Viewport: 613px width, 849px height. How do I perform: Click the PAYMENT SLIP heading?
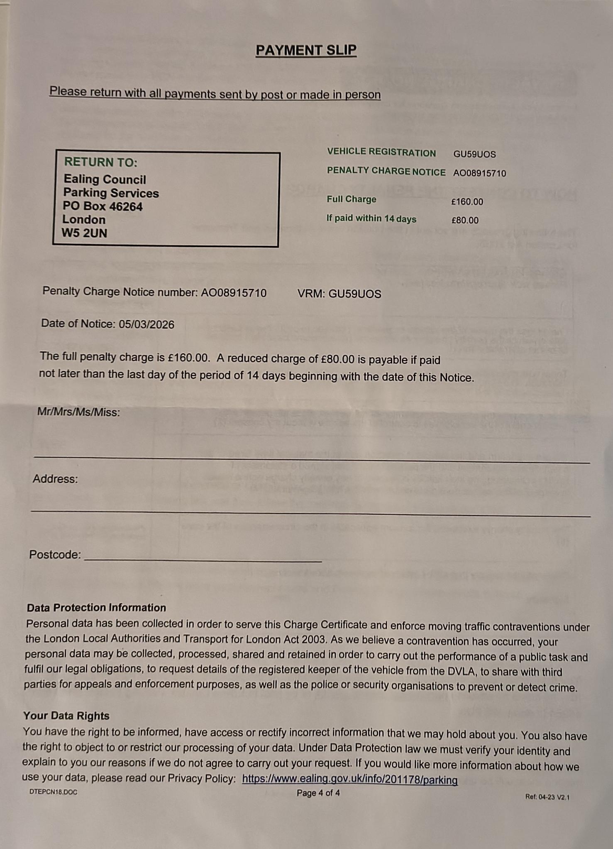[306, 51]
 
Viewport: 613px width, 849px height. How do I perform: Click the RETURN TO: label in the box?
[100, 162]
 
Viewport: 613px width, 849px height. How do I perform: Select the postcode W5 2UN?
[84, 233]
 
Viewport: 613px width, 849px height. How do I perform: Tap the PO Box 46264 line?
[103, 206]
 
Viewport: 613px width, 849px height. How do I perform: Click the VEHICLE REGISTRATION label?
[381, 152]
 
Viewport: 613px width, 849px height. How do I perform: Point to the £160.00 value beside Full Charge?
[467, 202]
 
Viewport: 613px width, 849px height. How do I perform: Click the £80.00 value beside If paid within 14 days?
[465, 220]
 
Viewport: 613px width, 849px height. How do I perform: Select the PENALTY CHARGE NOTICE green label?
[386, 171]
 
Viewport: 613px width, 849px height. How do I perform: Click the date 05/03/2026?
[147, 324]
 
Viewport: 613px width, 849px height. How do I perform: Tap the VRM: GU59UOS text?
[339, 294]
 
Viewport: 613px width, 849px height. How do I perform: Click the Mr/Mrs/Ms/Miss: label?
[78, 412]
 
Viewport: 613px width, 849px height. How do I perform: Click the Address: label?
[55, 479]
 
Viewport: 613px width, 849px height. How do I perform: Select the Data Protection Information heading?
[96, 608]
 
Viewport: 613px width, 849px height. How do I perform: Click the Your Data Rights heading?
[66, 716]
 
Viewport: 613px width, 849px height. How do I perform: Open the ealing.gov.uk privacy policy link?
[349, 779]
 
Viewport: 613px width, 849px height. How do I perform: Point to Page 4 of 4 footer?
[318, 793]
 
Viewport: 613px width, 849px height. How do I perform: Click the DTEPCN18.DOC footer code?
[53, 792]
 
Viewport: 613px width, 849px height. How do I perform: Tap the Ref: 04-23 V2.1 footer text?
[547, 797]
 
